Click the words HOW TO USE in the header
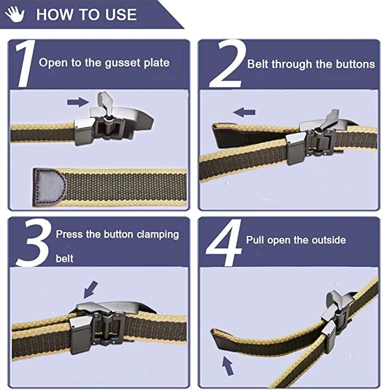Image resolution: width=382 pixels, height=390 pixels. (86, 14)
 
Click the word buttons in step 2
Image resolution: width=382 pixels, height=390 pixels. (355, 64)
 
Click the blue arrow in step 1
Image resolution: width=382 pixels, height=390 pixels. (78, 102)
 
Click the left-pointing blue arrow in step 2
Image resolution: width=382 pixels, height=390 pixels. (244, 112)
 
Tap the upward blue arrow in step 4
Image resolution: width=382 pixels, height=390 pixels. (227, 365)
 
